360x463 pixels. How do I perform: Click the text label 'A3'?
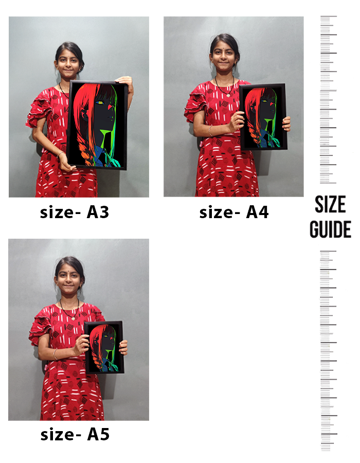(98, 212)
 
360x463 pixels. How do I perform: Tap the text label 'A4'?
(257, 212)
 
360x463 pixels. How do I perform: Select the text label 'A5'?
(98, 434)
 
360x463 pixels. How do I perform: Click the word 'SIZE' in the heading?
(330, 204)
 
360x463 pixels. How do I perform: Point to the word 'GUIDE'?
(330, 229)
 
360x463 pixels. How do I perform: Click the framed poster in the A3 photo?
(97, 125)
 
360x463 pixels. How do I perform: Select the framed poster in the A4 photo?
(263, 117)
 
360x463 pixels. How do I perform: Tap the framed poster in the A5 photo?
(104, 348)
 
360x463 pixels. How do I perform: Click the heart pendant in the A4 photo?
(228, 95)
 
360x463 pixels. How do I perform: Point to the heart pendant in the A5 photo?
(73, 318)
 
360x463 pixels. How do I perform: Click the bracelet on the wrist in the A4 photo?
(210, 131)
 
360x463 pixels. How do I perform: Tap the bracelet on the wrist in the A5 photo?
(55, 354)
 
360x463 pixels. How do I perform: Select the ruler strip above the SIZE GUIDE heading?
(329, 99)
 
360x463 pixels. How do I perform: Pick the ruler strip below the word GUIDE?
(329, 350)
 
